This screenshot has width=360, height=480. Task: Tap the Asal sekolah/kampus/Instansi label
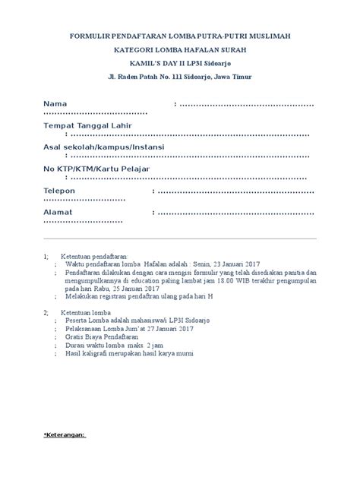tap(109, 146)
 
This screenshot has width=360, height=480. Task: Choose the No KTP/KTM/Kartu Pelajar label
tap(96, 167)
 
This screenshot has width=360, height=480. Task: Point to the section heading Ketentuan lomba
tap(86, 313)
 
